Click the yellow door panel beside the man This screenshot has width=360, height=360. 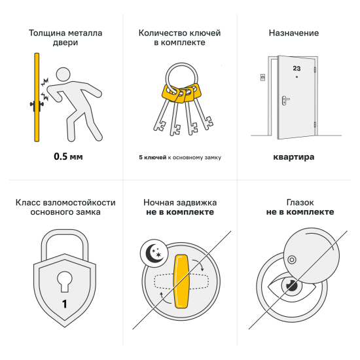(37, 98)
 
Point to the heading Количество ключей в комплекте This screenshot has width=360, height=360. (179, 37)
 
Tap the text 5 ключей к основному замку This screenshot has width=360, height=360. (179, 158)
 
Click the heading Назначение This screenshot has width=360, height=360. (294, 32)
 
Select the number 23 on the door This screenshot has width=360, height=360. (297, 67)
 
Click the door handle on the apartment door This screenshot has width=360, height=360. (286, 100)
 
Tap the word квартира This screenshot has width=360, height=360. (294, 157)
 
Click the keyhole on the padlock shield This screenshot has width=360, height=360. (64, 279)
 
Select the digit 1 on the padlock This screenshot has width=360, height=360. (64, 304)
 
